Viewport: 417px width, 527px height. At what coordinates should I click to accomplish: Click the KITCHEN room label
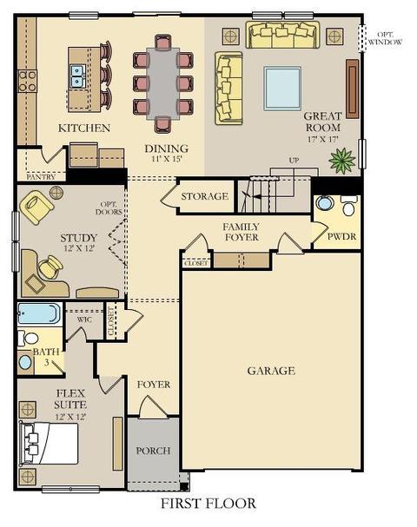(x=84, y=128)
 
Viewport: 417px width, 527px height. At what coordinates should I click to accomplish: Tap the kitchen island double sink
(x=77, y=76)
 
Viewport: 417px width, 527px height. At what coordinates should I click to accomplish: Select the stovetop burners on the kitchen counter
(x=28, y=81)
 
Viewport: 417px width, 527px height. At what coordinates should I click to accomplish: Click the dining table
(x=163, y=83)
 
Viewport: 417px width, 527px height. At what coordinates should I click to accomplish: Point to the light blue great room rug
(x=282, y=88)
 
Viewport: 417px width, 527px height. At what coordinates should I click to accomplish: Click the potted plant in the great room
(x=342, y=159)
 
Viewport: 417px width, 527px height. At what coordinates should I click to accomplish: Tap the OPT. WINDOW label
(x=385, y=38)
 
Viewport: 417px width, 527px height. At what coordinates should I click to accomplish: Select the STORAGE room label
(x=205, y=196)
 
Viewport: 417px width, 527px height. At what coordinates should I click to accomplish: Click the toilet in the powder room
(x=348, y=205)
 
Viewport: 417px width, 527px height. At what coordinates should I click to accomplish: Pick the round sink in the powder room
(x=325, y=203)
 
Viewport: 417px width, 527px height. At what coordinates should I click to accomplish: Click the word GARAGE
(x=271, y=371)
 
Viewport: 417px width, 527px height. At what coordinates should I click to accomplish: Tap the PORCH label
(x=154, y=451)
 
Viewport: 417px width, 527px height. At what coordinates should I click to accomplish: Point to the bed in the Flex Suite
(x=49, y=444)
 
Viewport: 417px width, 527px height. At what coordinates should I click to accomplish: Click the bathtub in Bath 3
(x=39, y=313)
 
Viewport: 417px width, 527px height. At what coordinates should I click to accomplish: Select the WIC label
(x=84, y=319)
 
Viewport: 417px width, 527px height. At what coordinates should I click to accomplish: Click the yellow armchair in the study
(x=36, y=207)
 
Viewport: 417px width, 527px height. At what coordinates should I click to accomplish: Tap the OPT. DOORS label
(x=109, y=208)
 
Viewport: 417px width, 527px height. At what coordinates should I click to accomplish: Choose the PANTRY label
(x=41, y=176)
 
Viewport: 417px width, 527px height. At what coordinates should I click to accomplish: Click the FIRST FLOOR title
(x=208, y=504)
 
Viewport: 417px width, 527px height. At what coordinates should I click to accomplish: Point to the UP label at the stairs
(x=294, y=161)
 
